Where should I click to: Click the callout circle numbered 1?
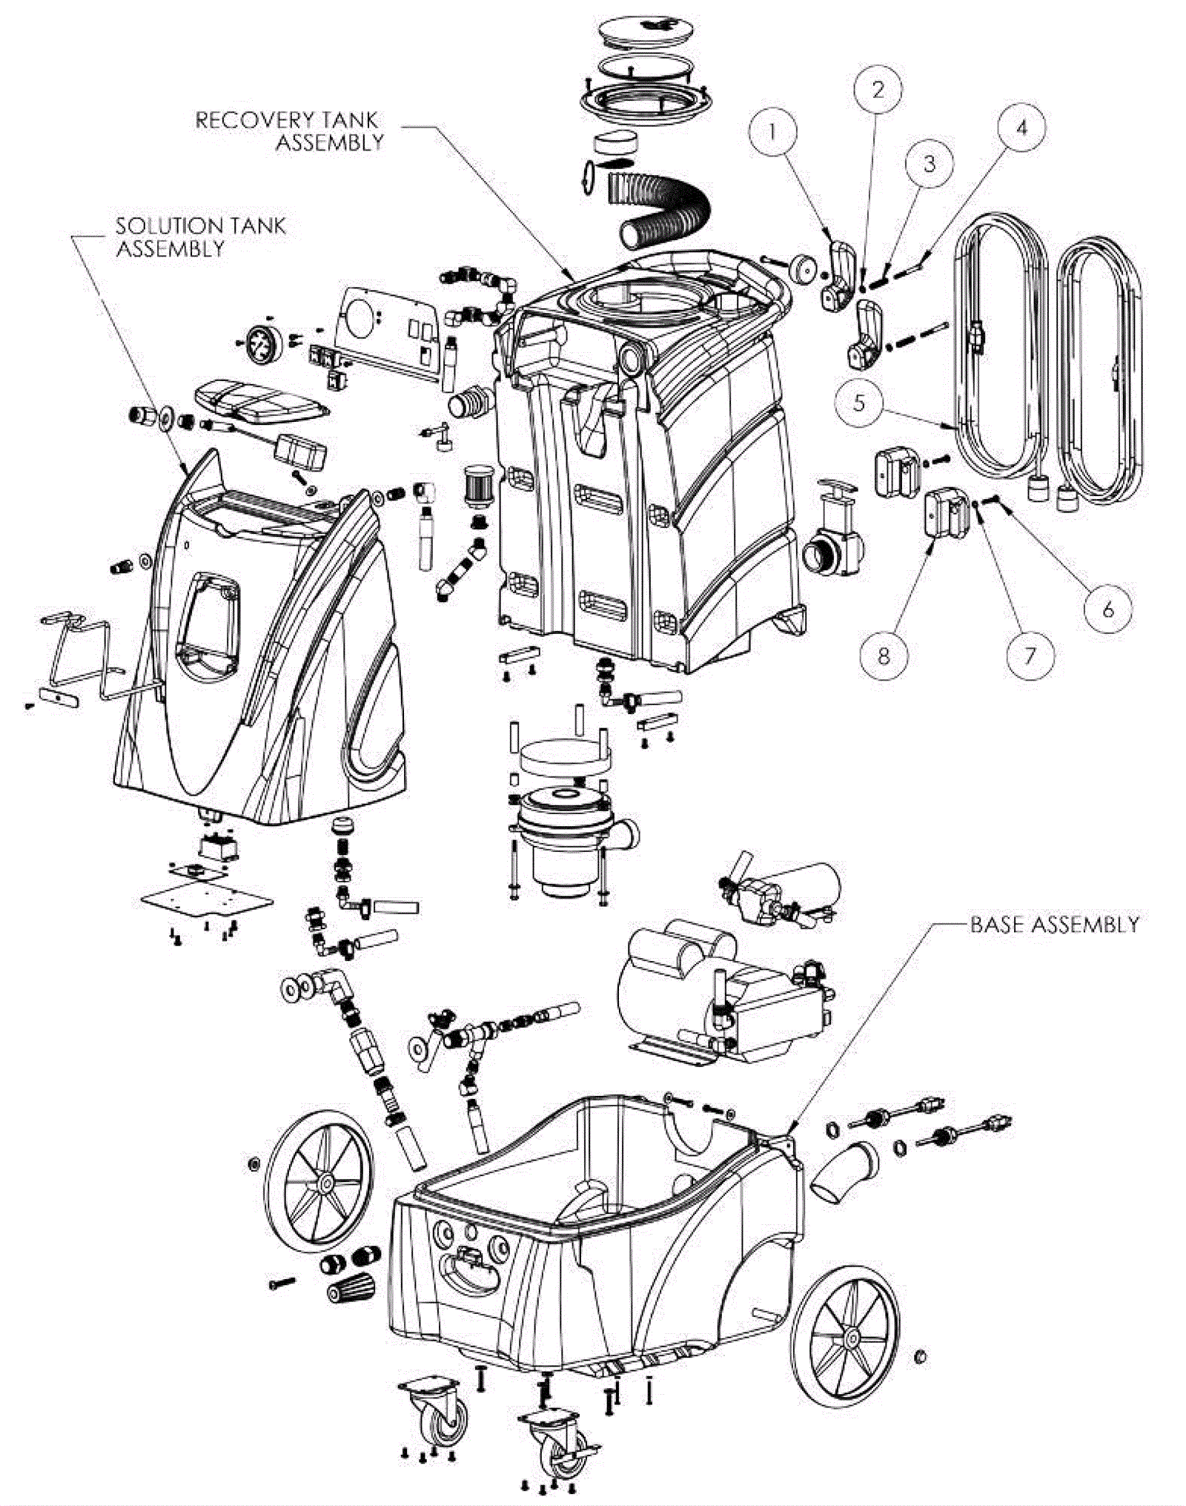click(x=772, y=132)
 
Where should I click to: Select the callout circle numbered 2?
click(x=878, y=90)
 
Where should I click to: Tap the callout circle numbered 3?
click(x=930, y=163)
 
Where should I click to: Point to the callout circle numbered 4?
click(x=1021, y=128)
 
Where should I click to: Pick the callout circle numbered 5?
click(x=859, y=403)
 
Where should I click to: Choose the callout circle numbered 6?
click(x=1108, y=609)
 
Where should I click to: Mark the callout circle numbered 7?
click(x=1030, y=654)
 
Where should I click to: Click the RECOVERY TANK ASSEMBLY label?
click(x=289, y=131)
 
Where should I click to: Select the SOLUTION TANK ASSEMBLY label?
click(x=200, y=237)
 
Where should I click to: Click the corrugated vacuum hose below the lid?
click(x=656, y=211)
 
